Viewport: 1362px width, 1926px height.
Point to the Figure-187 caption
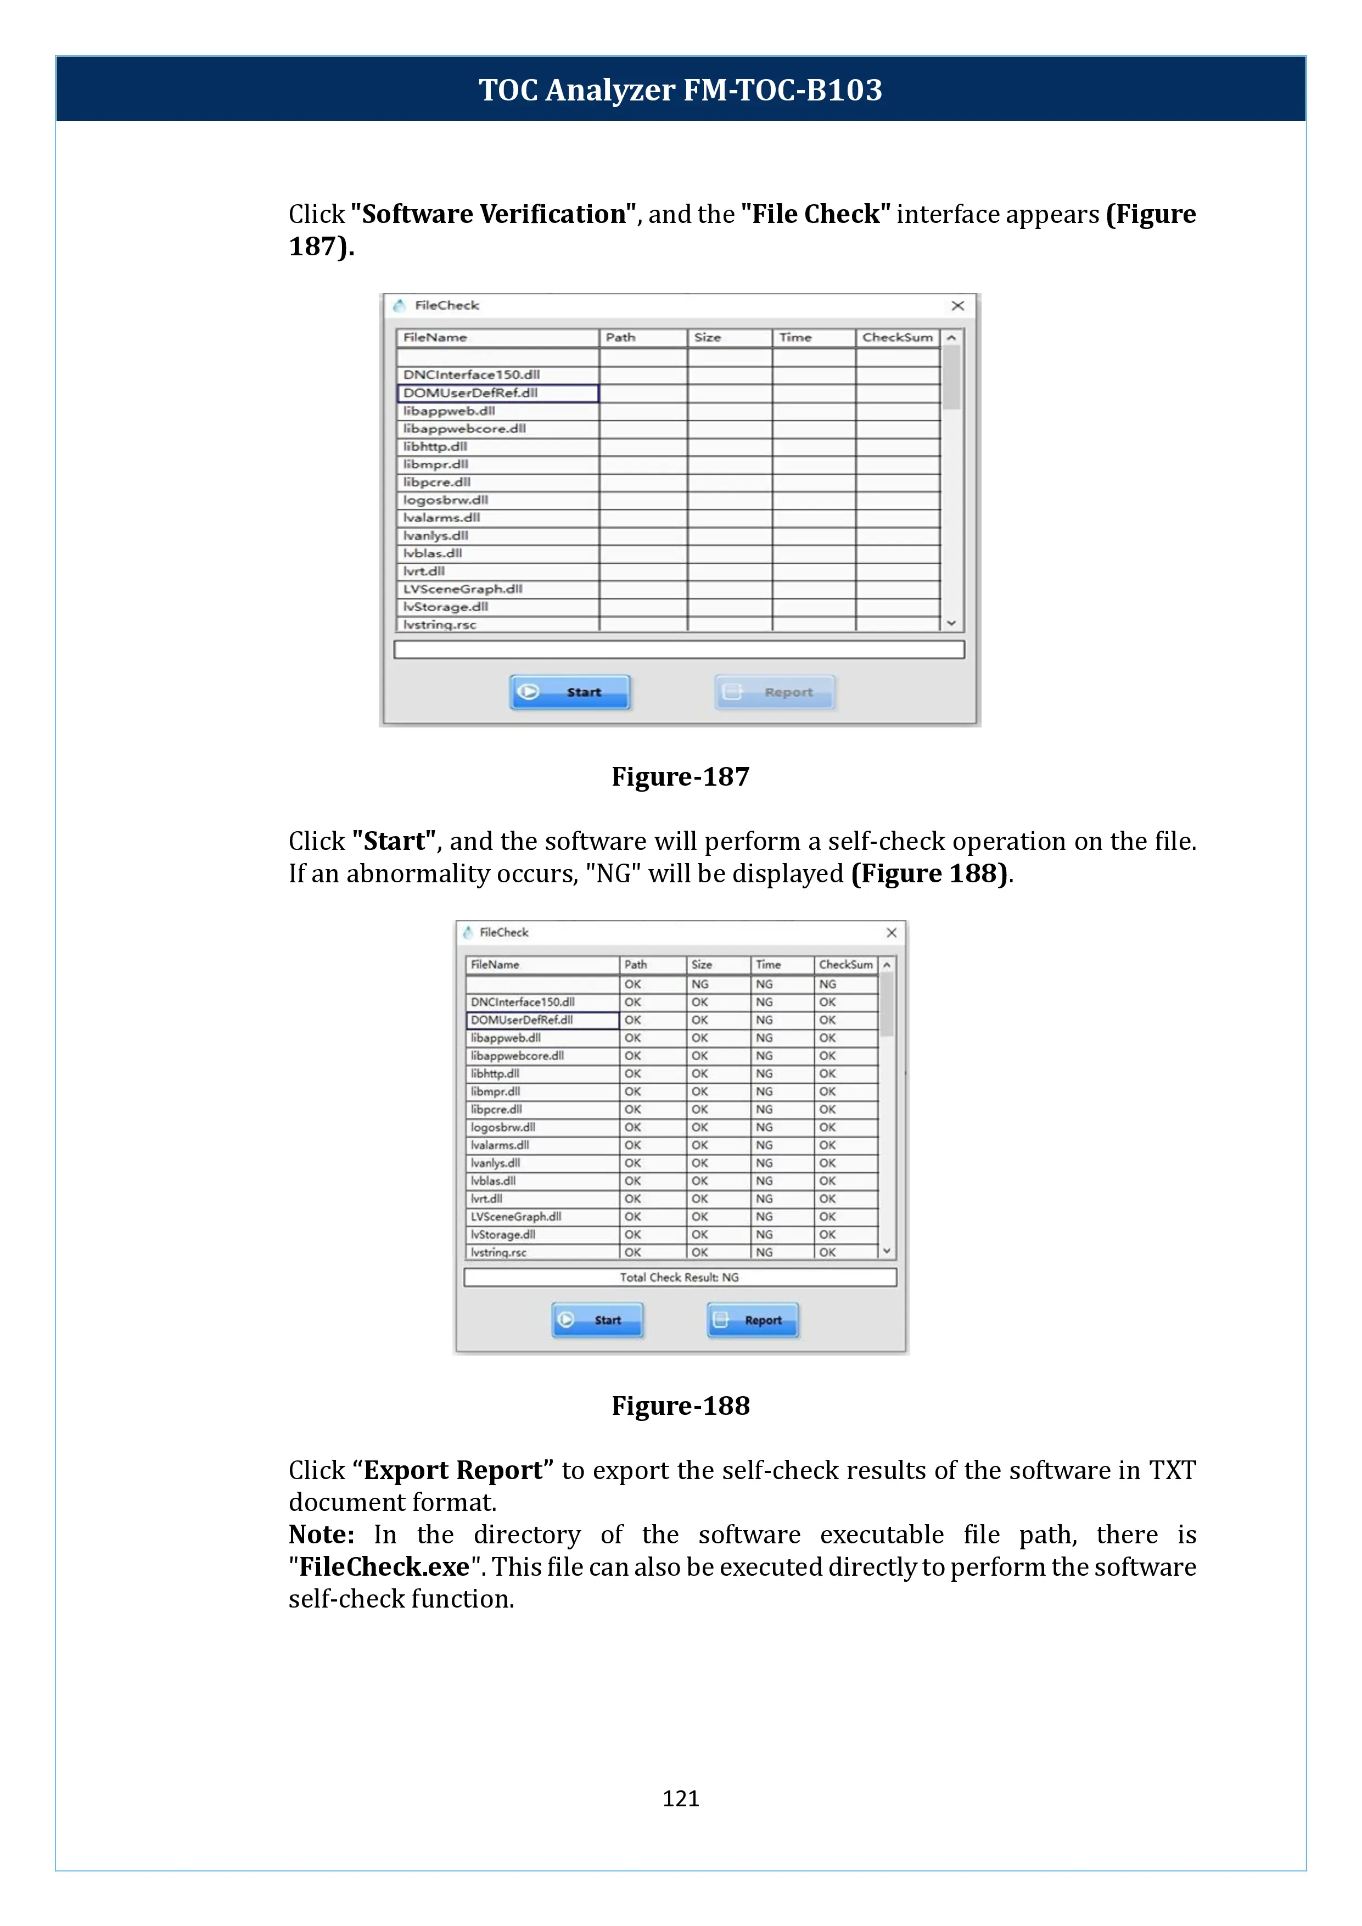pos(680,777)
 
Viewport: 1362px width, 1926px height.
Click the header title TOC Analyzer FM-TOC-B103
pos(680,89)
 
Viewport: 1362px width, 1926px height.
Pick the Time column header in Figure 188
pos(768,965)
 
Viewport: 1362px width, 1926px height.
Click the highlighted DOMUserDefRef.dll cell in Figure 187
pos(497,393)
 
